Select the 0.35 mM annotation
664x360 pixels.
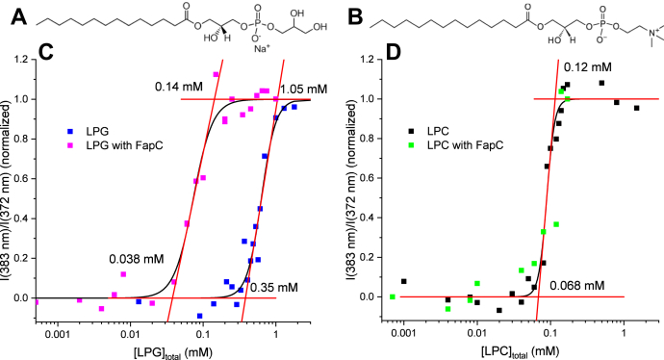(x=267, y=286)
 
